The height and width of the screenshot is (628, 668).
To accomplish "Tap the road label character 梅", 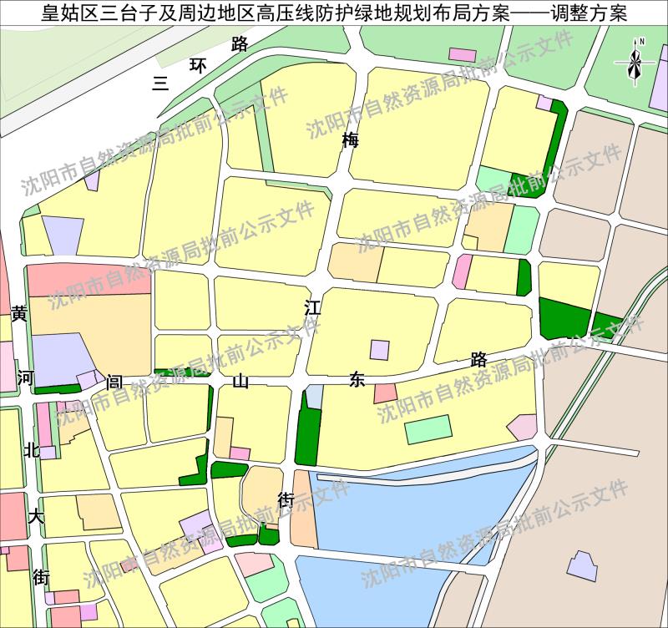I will tap(350, 140).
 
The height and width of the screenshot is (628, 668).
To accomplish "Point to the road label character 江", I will tap(312, 307).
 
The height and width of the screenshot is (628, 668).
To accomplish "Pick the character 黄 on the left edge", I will tap(19, 314).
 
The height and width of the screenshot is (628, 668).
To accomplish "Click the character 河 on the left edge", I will tap(26, 377).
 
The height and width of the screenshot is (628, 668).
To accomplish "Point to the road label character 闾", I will tap(115, 382).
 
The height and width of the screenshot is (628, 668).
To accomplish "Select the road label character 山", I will tap(240, 382).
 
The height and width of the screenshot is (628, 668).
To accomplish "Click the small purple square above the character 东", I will tap(380, 350).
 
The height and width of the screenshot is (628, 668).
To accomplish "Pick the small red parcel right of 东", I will tap(385, 392).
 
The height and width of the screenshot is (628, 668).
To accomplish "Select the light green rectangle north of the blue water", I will tap(429, 431).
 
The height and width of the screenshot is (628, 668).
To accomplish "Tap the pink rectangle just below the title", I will tap(462, 55).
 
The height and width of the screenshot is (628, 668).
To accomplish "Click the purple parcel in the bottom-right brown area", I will tap(582, 566).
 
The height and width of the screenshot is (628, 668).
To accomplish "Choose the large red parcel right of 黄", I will tap(88, 279).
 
